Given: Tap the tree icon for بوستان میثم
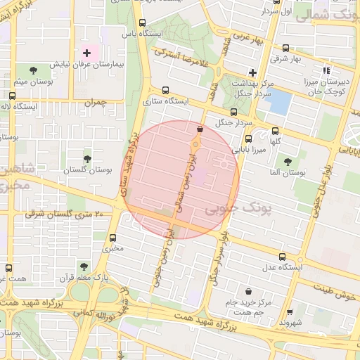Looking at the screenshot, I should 34,70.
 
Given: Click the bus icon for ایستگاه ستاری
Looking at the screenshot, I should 165,90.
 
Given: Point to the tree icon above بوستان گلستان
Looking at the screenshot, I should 87,160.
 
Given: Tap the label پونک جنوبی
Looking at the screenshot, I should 226,210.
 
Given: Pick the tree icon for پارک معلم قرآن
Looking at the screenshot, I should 84,266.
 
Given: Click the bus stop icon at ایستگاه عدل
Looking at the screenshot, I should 283,257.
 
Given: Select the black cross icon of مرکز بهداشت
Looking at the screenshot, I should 252,72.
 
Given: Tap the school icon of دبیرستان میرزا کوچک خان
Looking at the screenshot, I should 326,70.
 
